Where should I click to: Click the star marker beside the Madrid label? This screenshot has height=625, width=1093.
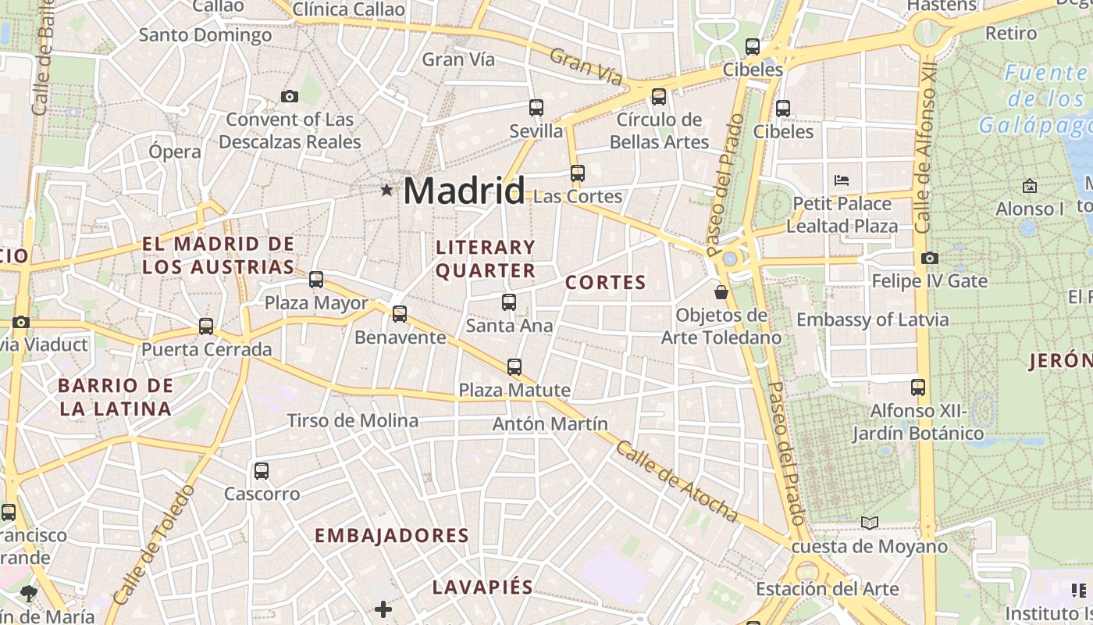[386, 190]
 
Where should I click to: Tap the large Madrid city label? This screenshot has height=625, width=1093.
[464, 191]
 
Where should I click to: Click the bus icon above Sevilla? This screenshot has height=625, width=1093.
[536, 108]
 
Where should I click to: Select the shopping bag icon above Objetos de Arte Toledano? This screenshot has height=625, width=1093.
[721, 292]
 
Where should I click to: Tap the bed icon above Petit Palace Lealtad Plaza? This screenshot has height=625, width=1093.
[841, 180]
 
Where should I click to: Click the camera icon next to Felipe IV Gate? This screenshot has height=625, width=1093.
[929, 258]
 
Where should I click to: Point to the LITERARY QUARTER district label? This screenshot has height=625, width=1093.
[486, 259]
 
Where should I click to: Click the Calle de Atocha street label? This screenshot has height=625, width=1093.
[676, 481]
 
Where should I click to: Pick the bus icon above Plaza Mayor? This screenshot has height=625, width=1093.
[316, 279]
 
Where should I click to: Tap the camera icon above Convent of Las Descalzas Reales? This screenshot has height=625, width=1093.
[290, 96]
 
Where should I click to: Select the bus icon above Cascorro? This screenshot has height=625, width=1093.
[262, 471]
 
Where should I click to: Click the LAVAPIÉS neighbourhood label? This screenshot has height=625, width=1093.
[482, 587]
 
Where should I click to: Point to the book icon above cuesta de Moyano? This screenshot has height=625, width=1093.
[869, 523]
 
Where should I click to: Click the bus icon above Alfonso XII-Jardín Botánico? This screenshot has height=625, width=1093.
[918, 387]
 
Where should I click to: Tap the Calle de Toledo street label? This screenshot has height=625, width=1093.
[153, 545]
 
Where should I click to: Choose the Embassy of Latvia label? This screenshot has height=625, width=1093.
[872, 320]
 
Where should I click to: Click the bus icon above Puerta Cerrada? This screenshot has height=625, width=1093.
[206, 326]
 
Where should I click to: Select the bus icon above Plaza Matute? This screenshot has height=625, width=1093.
[514, 366]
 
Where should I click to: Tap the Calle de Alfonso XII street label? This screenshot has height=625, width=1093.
[925, 148]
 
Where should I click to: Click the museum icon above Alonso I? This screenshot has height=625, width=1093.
[1029, 186]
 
